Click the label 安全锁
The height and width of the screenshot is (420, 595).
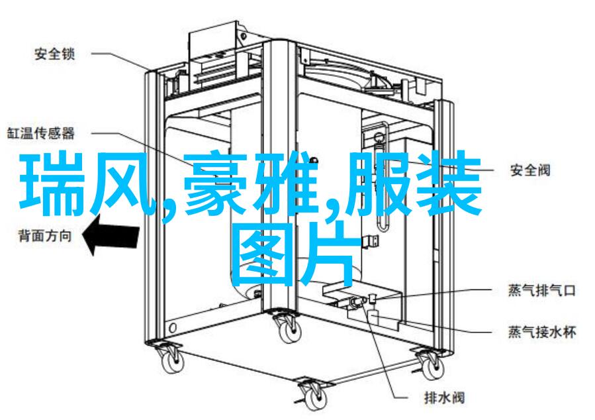click(55, 54)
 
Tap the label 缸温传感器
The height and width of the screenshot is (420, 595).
click(41, 133)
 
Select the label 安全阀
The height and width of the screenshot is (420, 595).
click(529, 170)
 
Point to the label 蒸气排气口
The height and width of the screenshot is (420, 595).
click(542, 291)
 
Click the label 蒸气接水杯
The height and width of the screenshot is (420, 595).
click(542, 333)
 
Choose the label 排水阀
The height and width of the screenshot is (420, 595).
click(444, 398)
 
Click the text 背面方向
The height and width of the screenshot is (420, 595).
click(45, 236)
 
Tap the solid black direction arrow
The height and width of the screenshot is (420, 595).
click(111, 235)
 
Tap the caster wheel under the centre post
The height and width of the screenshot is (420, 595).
click(287, 328)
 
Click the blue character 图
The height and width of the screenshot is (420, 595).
click(263, 254)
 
